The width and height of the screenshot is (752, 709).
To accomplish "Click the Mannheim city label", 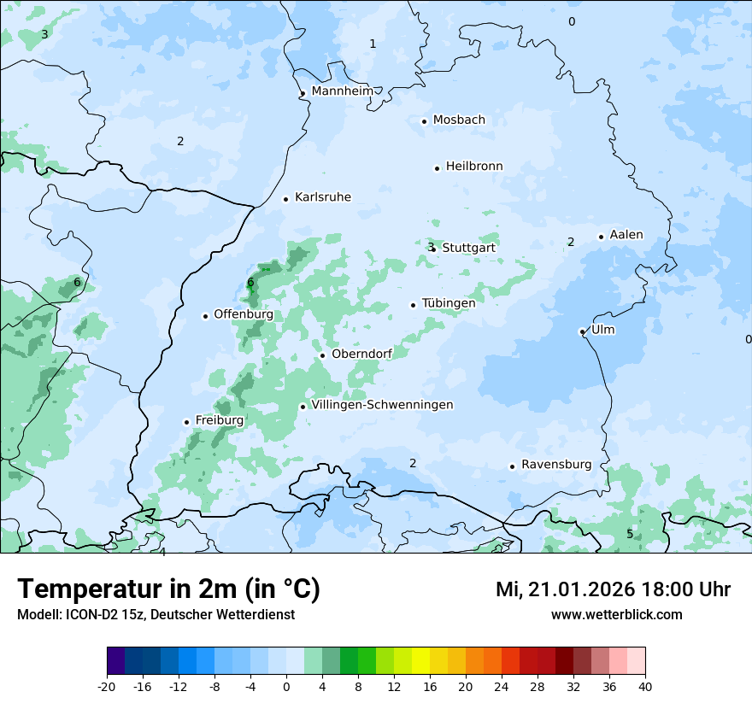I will click(343, 91).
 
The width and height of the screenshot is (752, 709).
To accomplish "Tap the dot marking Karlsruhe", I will click(286, 199).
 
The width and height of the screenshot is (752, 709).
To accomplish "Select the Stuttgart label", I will click(468, 248).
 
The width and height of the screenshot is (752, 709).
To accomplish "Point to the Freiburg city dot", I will click(186, 422).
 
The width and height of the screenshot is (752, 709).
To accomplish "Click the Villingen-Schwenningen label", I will click(382, 405).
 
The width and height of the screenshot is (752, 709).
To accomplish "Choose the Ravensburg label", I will click(555, 465).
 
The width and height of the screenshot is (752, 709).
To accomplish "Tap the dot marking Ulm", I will click(582, 331).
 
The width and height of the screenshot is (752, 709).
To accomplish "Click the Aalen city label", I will click(626, 235).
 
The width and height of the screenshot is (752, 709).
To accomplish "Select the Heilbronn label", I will click(474, 166).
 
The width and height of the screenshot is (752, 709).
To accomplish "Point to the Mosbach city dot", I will click(424, 121).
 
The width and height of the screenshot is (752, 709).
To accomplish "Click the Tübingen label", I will click(449, 303).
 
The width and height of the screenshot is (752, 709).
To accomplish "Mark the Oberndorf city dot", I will click(322, 355).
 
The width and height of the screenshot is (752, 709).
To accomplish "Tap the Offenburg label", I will click(244, 314).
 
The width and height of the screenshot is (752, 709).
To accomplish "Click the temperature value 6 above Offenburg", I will click(250, 283).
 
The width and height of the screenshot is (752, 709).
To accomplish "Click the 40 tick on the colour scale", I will click(644, 686).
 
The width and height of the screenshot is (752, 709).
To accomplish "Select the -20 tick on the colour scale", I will click(107, 686).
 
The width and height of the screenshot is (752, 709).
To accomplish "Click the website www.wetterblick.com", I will click(616, 614).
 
